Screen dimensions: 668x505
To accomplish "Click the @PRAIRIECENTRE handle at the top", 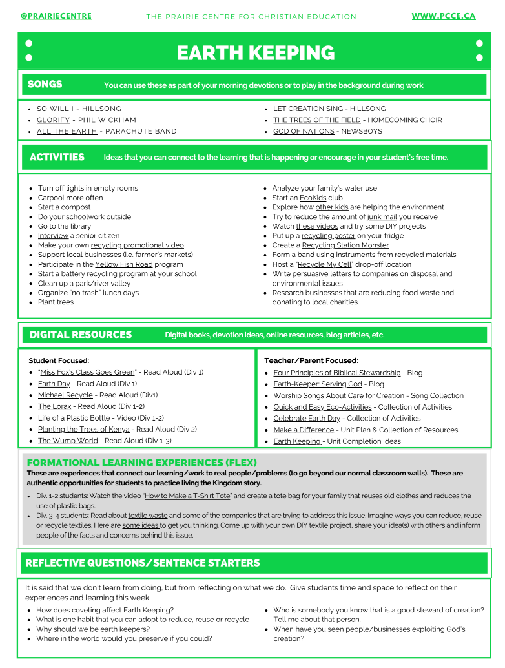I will (56, 16).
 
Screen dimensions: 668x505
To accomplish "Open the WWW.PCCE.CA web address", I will (444, 16).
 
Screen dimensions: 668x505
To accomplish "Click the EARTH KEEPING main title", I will (256, 53).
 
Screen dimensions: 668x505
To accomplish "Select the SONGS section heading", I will (45, 84).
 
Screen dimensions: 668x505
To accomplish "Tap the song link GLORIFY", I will (53, 120).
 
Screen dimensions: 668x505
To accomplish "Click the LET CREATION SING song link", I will (308, 109).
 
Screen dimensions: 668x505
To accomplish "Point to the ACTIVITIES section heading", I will (57, 157).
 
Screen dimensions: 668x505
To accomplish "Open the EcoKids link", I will (313, 198).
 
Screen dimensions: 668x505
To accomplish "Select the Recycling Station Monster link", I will (345, 245).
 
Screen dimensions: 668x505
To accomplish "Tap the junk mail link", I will (382, 217).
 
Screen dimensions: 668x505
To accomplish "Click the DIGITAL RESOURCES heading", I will (81, 335).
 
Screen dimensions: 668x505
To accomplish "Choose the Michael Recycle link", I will (65, 395).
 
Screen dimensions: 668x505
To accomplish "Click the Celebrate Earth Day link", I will (307, 418).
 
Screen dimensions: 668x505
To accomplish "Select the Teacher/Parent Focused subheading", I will (311, 360).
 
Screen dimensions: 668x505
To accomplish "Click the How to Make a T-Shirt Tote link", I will (188, 496).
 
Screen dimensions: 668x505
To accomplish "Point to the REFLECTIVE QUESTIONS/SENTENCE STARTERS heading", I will (143, 563).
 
